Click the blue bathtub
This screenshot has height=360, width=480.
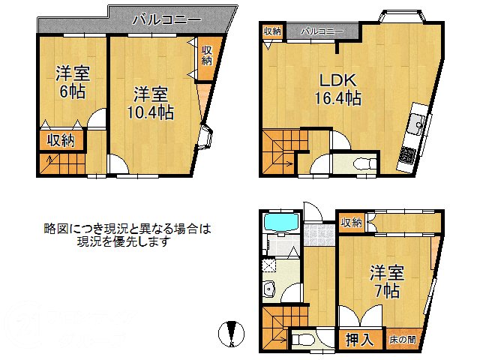[x=280, y=223]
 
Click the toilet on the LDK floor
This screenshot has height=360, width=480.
[x=355, y=163]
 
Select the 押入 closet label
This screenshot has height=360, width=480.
[x=359, y=339]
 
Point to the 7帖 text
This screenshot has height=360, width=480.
[x=384, y=290]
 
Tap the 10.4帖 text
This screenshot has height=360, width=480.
[x=150, y=112]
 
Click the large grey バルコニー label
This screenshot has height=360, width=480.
[x=166, y=19]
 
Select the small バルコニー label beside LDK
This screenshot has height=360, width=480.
[x=322, y=31]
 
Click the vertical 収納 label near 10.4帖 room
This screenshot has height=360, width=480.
[x=207, y=55]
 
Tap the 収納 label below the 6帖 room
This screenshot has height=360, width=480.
[x=61, y=139]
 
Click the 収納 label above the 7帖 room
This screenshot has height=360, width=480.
[x=351, y=222]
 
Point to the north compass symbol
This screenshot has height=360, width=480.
[x=232, y=332]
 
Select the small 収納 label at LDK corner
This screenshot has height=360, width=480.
[x=271, y=31]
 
